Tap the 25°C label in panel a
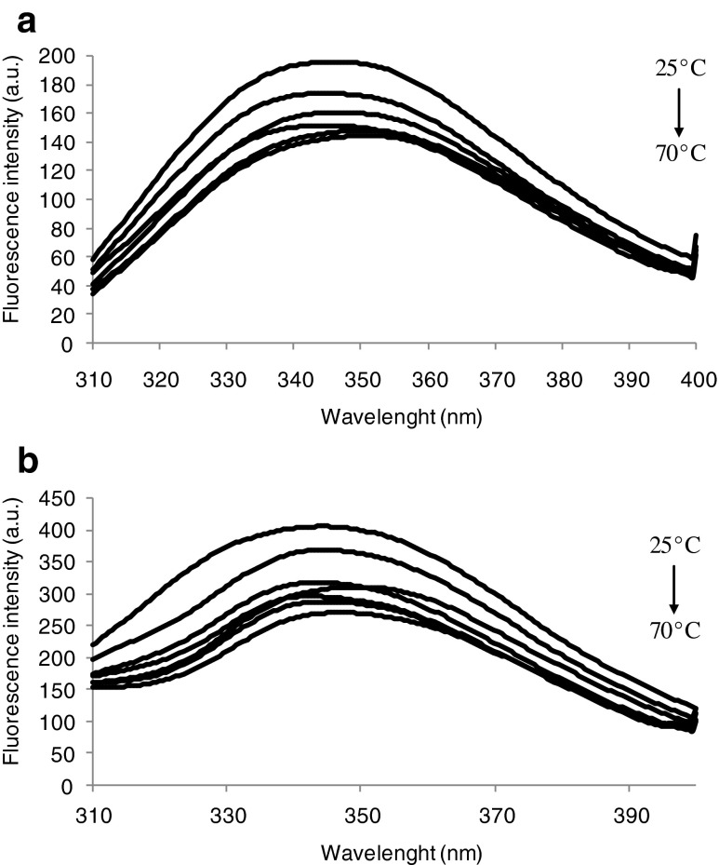[x=678, y=95]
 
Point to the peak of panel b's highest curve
[x=321, y=526]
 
